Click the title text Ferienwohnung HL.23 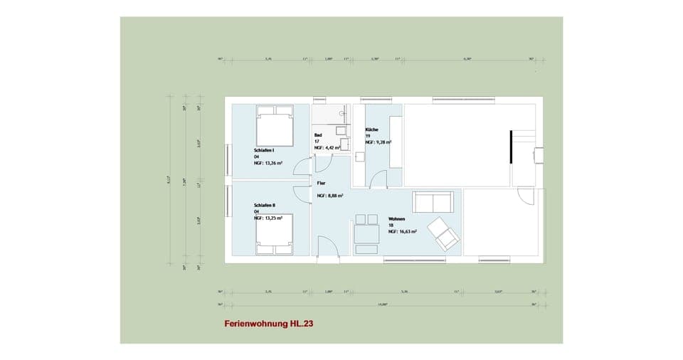[269, 323]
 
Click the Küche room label [372, 129]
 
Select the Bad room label [318, 135]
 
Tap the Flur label [321, 182]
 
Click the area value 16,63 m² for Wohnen [402, 231]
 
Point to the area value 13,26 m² [268, 163]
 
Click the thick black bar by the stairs [510, 147]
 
